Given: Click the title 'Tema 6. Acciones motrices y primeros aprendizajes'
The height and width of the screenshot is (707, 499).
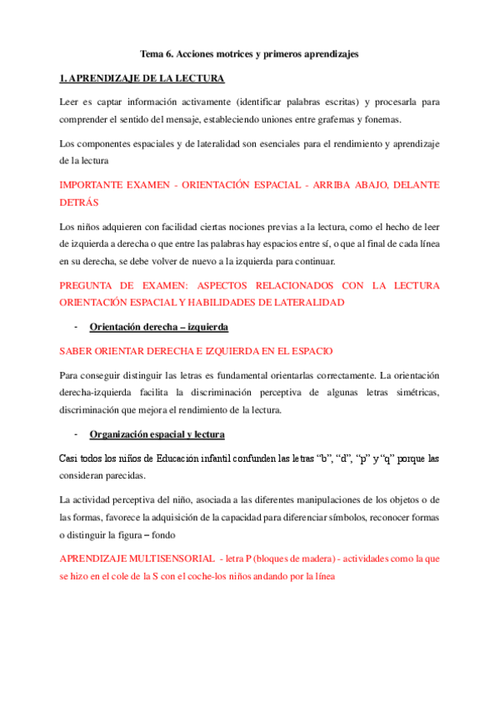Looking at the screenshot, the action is coord(249,54).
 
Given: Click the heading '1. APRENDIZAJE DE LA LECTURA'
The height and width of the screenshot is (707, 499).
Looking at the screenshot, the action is coord(141,78).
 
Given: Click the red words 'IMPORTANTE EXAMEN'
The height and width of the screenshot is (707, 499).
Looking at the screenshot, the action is coord(109,185).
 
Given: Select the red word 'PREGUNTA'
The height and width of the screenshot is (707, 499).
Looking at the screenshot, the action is coord(86,286).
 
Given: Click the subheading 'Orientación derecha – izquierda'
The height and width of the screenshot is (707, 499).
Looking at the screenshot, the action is coord(158,327).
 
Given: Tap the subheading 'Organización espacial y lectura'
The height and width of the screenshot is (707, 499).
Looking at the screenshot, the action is coord(157,434).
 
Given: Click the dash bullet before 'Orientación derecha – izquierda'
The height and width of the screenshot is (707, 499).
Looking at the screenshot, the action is coord(76,327).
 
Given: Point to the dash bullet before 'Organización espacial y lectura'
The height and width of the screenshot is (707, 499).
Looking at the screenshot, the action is coord(76,434).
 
